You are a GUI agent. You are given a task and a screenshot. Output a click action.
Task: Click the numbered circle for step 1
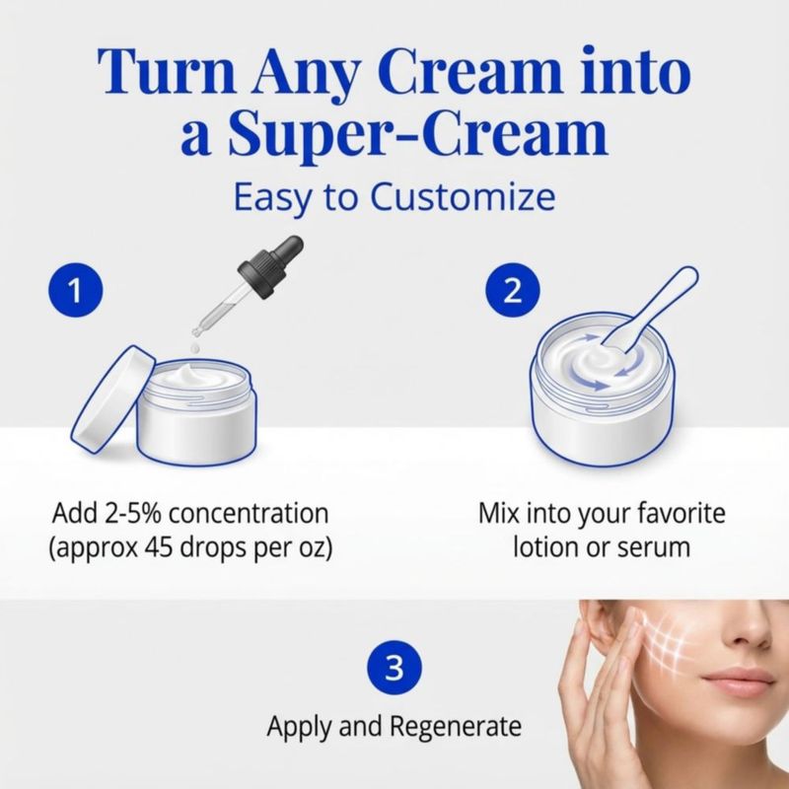tap(76, 290)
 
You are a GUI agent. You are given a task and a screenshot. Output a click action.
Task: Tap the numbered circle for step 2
tap(513, 290)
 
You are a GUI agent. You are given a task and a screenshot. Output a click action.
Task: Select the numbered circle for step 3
tap(394, 668)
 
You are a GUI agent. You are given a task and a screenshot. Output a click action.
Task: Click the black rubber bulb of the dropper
tap(272, 265)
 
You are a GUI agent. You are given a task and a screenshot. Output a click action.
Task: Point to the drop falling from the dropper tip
tap(195, 347)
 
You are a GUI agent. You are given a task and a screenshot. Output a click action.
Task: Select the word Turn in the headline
tap(167, 71)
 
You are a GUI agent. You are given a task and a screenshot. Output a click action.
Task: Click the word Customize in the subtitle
tap(463, 196)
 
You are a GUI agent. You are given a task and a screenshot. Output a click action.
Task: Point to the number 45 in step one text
tap(159, 547)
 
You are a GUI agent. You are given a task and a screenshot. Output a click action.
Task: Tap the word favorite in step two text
tap(681, 513)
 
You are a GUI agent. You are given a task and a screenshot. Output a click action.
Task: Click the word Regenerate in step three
tap(456, 727)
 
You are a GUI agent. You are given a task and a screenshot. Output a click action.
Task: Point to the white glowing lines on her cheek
tap(664, 639)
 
